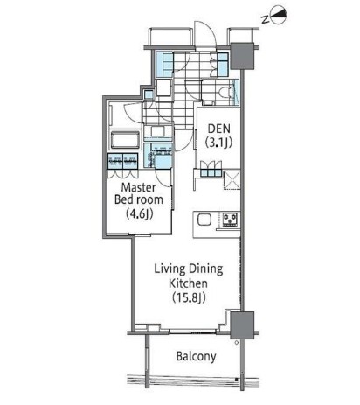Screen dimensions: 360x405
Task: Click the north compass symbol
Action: [x=279, y=17]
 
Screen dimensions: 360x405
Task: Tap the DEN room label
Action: [x=219, y=129]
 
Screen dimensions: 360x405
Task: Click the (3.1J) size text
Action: [x=218, y=143]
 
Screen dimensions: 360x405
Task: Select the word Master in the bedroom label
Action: [x=138, y=187]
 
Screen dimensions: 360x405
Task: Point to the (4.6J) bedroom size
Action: [x=139, y=214]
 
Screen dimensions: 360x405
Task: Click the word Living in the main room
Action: [x=170, y=269]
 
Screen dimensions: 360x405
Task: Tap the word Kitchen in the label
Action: [x=188, y=283]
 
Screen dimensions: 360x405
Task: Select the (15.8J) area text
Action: [x=189, y=297]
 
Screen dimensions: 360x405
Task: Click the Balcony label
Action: [x=196, y=356]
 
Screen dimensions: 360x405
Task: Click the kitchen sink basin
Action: [x=204, y=220]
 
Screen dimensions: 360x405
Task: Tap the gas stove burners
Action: [x=231, y=220]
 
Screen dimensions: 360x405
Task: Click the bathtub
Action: [x=125, y=140]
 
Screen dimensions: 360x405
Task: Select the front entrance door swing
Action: [x=205, y=34]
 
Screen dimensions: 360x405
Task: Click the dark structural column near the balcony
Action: [x=242, y=325]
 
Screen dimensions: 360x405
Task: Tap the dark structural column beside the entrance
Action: [x=242, y=56]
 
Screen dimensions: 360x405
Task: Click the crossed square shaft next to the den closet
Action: [x=232, y=180]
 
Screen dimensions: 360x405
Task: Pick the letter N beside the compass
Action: [x=265, y=19]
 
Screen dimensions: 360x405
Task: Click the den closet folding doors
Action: [x=211, y=169]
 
